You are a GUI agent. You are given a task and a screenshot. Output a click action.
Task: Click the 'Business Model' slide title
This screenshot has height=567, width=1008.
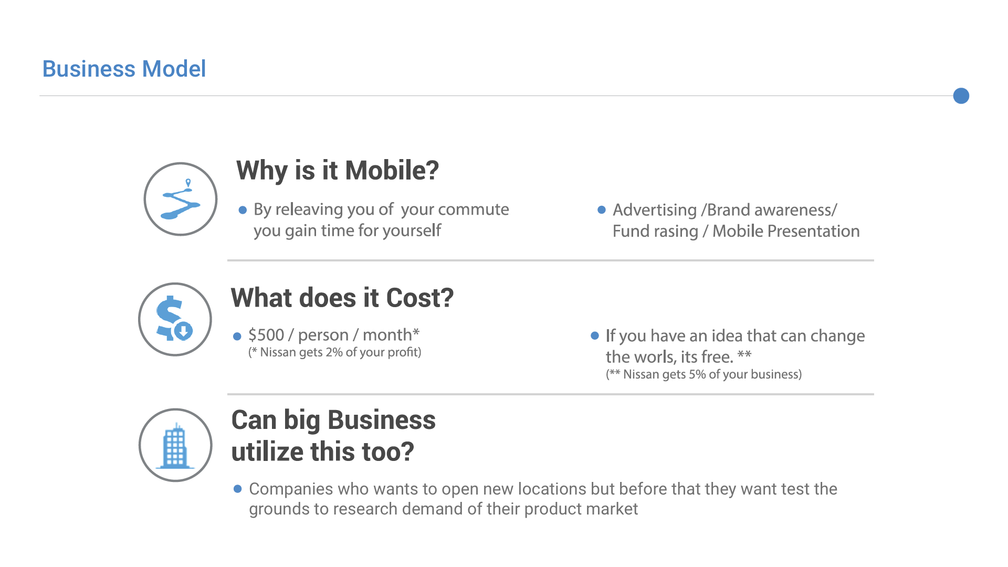pyautogui.click(x=124, y=69)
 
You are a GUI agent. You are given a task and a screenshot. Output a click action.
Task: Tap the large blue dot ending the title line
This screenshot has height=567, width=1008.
pyautogui.click(x=961, y=96)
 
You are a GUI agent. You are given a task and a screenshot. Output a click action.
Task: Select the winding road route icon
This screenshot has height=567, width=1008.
pyautogui.click(x=181, y=199)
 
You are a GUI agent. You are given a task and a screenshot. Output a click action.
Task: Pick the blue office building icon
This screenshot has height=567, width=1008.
pyautogui.click(x=175, y=445)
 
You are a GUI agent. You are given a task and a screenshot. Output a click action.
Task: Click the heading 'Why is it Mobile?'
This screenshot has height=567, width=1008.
pyautogui.click(x=337, y=170)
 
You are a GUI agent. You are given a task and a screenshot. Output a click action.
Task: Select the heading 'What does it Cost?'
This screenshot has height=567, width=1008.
pyautogui.click(x=342, y=298)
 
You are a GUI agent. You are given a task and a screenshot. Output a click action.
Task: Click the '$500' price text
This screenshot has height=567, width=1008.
pyautogui.click(x=266, y=335)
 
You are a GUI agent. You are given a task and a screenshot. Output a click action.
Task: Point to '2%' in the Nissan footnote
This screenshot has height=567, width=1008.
pyautogui.click(x=334, y=352)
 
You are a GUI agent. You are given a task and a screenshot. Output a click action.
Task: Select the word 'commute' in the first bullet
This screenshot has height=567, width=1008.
pyautogui.click(x=473, y=209)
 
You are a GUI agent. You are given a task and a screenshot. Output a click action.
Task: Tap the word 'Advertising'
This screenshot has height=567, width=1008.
pyautogui.click(x=655, y=210)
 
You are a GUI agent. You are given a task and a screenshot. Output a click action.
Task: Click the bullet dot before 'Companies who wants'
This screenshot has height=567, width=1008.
pyautogui.click(x=237, y=489)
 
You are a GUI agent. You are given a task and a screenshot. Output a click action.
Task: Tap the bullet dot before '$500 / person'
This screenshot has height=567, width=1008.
pyautogui.click(x=237, y=336)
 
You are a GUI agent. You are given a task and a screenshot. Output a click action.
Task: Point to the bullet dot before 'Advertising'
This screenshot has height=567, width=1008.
pyautogui.click(x=602, y=210)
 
